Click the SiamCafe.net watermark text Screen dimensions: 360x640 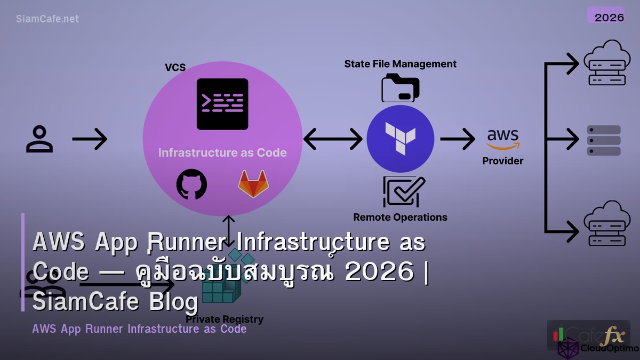[x=47, y=19]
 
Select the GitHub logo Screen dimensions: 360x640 [x=191, y=185]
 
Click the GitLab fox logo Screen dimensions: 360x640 [x=253, y=184]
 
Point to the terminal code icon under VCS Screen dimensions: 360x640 [x=222, y=104]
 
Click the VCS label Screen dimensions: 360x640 [x=175, y=67]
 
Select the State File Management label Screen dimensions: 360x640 [x=400, y=64]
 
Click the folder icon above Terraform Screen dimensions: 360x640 [x=401, y=88]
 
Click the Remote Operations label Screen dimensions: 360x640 [x=400, y=217]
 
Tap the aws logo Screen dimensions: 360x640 [x=503, y=140]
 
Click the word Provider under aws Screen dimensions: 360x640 [x=503, y=161]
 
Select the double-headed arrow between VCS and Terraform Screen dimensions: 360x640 [x=333, y=139]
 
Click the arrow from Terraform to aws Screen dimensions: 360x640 [x=457, y=139]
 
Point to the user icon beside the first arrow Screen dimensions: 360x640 [x=39, y=139]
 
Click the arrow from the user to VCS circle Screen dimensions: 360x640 [x=90, y=140]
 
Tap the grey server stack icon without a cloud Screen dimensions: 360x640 [x=604, y=140]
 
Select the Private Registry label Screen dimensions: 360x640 [x=225, y=319]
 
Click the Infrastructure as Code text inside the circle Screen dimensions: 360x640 [x=222, y=153]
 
